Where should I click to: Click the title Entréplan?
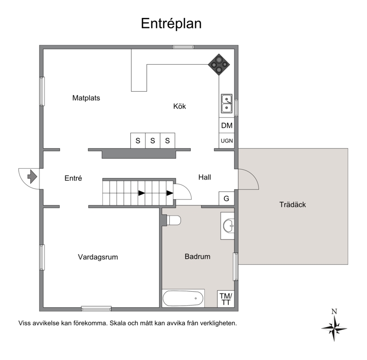click(171, 24)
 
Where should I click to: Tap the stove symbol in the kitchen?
click(219, 64)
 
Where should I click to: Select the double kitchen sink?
click(227, 103)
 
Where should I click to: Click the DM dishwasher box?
click(227, 125)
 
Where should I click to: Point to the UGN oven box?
click(227, 141)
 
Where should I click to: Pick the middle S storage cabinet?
click(153, 141)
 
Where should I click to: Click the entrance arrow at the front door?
click(32, 177)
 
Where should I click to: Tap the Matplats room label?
click(86, 98)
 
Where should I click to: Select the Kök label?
click(179, 106)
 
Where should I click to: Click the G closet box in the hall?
click(226, 199)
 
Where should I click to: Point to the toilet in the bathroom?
click(173, 220)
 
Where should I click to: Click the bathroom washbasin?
click(228, 226)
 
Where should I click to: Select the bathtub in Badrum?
click(183, 298)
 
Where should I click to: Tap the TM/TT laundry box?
click(226, 299)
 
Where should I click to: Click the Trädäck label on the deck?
click(293, 205)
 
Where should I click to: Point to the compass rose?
click(334, 328)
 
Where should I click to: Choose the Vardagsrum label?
click(98, 257)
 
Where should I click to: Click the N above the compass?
click(334, 311)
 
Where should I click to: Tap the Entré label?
click(73, 178)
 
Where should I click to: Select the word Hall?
click(205, 177)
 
